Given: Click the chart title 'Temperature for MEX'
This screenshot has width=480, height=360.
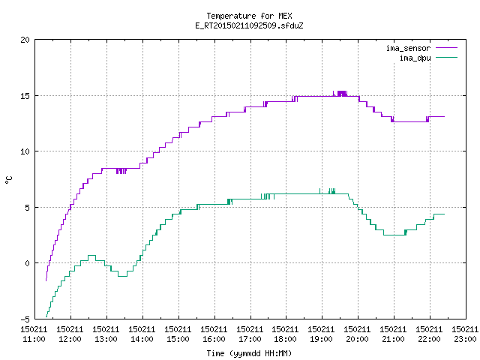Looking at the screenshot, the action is [249, 16].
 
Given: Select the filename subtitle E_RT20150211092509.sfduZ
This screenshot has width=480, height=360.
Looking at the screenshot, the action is [249, 25].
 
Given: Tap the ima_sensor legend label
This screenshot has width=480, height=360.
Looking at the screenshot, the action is [408, 48].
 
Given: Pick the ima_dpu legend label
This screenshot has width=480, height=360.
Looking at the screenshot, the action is [415, 58].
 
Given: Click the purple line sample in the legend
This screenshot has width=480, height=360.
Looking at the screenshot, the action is [447, 48].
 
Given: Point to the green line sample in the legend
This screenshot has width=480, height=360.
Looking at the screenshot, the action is [447, 58].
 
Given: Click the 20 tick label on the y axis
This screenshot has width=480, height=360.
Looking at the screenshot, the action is [25, 40].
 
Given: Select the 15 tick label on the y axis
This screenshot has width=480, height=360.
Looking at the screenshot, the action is [25, 96].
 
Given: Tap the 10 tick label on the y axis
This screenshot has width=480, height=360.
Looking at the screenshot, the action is [25, 151].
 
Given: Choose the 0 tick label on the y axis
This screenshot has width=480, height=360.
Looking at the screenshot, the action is [28, 263].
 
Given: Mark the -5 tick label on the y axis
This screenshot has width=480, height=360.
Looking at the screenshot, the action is [25, 319].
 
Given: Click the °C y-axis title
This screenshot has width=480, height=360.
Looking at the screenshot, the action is [8, 180].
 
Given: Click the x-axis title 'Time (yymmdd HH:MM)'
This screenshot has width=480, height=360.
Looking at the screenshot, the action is [249, 353].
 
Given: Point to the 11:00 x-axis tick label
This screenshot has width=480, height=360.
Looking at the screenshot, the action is [34, 334].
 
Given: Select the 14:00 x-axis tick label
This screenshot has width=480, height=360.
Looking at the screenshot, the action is [142, 334].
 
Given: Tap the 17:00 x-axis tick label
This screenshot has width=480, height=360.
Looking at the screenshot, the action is [250, 334].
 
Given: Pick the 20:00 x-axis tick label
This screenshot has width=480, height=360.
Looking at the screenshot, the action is [357, 334].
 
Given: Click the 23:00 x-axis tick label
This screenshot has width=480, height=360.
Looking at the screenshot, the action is [465, 334].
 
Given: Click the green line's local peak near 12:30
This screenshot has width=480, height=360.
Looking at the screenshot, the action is [91, 255].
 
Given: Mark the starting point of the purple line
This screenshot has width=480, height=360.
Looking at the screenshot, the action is [46, 280].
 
